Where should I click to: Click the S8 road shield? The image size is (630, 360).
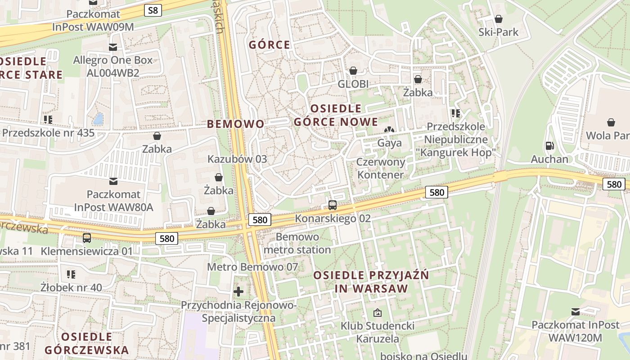tap(153, 10)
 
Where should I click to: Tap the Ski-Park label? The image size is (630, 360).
tap(498, 32)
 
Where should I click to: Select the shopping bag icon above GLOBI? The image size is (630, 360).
tap(353, 71)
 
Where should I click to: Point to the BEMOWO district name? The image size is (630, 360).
tap(236, 124)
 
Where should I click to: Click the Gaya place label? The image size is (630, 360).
tap(389, 143)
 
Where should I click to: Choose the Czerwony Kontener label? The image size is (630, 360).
tap(381, 168)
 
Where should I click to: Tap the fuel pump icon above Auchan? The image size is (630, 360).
tap(549, 146)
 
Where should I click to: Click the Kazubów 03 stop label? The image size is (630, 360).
tap(237, 159)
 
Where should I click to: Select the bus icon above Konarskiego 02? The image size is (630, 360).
tap(333, 205)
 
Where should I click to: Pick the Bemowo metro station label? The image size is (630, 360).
tap(297, 243)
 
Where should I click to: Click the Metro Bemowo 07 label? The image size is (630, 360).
tap(252, 267)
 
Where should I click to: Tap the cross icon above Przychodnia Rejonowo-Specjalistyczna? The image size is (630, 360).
tap(238, 292)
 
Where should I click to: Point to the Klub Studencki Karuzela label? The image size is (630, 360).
tap(378, 332)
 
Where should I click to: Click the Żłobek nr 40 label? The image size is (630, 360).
tap(71, 287)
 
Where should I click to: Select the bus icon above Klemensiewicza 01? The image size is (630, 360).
tap(87, 238)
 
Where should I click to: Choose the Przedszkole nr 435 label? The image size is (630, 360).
tap(49, 133)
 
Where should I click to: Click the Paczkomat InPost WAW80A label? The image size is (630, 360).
tap(113, 201)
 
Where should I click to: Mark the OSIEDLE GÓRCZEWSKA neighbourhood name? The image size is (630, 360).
tap(87, 343)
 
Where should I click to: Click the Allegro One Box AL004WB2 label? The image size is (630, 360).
tap(113, 66)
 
